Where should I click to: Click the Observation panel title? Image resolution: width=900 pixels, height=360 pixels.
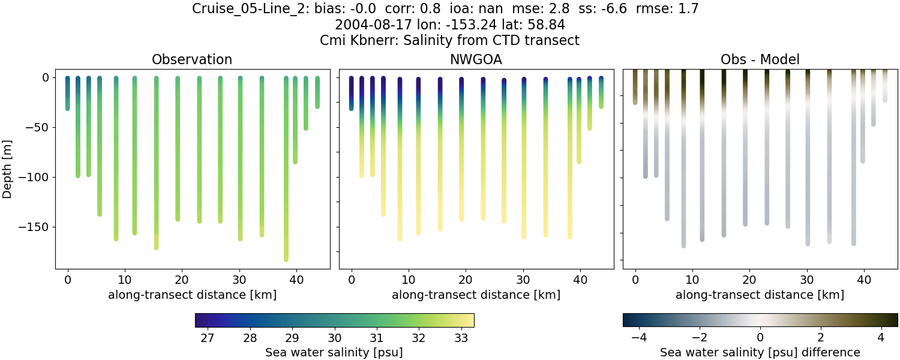coord(191,59)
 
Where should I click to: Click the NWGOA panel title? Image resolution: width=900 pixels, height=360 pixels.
coord(476,59)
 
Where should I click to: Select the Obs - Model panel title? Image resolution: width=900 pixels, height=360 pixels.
coord(760,59)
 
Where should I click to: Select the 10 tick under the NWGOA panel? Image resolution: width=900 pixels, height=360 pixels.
coord(409,280)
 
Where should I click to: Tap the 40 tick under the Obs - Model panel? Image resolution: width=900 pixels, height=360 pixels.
coord(864,280)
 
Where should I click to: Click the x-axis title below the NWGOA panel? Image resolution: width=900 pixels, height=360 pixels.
coord(476,295)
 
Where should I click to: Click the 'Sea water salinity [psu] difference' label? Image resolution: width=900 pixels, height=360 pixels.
coord(760,352)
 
